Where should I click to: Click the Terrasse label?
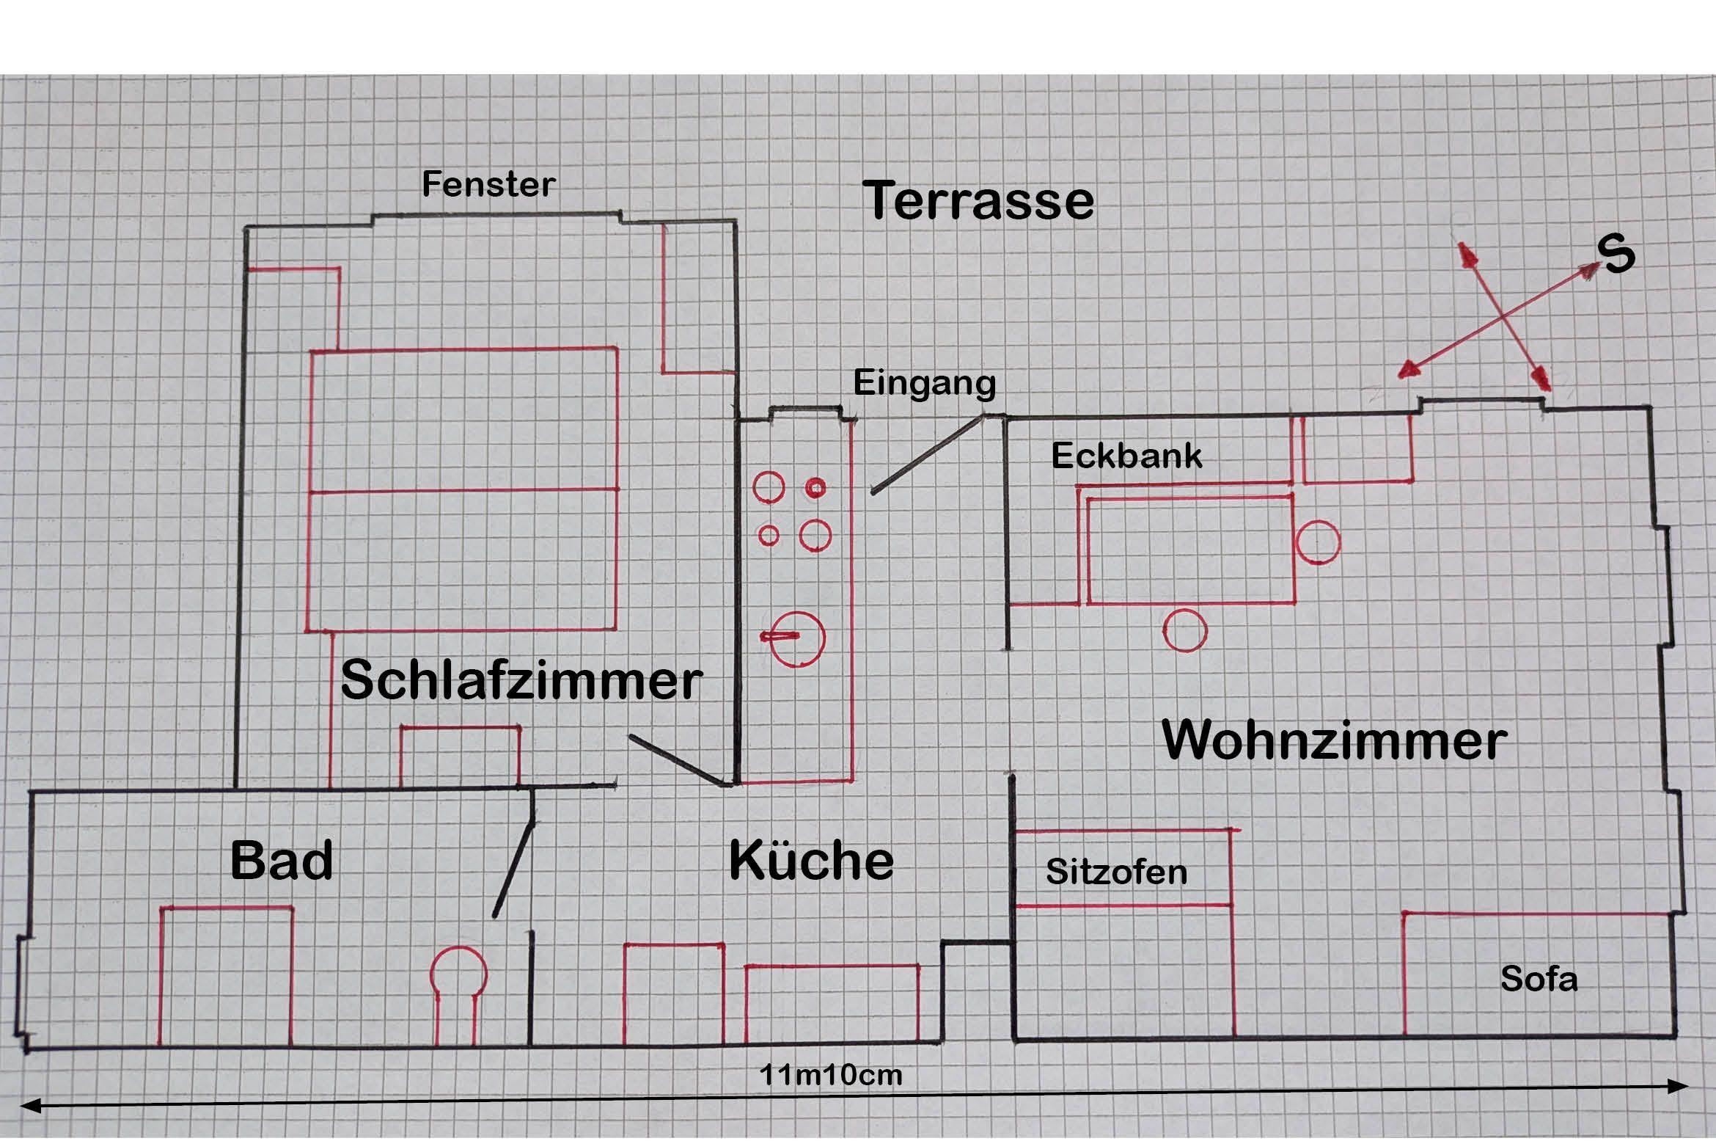click(x=978, y=200)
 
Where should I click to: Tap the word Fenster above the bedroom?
click(x=488, y=184)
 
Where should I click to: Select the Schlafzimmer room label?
click(x=521, y=680)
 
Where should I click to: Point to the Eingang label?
click(x=925, y=383)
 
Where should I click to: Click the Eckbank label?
click(x=1126, y=456)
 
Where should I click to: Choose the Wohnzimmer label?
click(x=1335, y=740)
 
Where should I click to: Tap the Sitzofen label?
click(x=1116, y=872)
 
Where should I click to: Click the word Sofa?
click(x=1539, y=979)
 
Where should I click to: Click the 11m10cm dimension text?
click(x=830, y=1075)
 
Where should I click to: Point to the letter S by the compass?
click(x=1616, y=255)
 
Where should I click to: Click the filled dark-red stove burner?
click(x=815, y=488)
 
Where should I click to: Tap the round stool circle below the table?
click(x=1185, y=630)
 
